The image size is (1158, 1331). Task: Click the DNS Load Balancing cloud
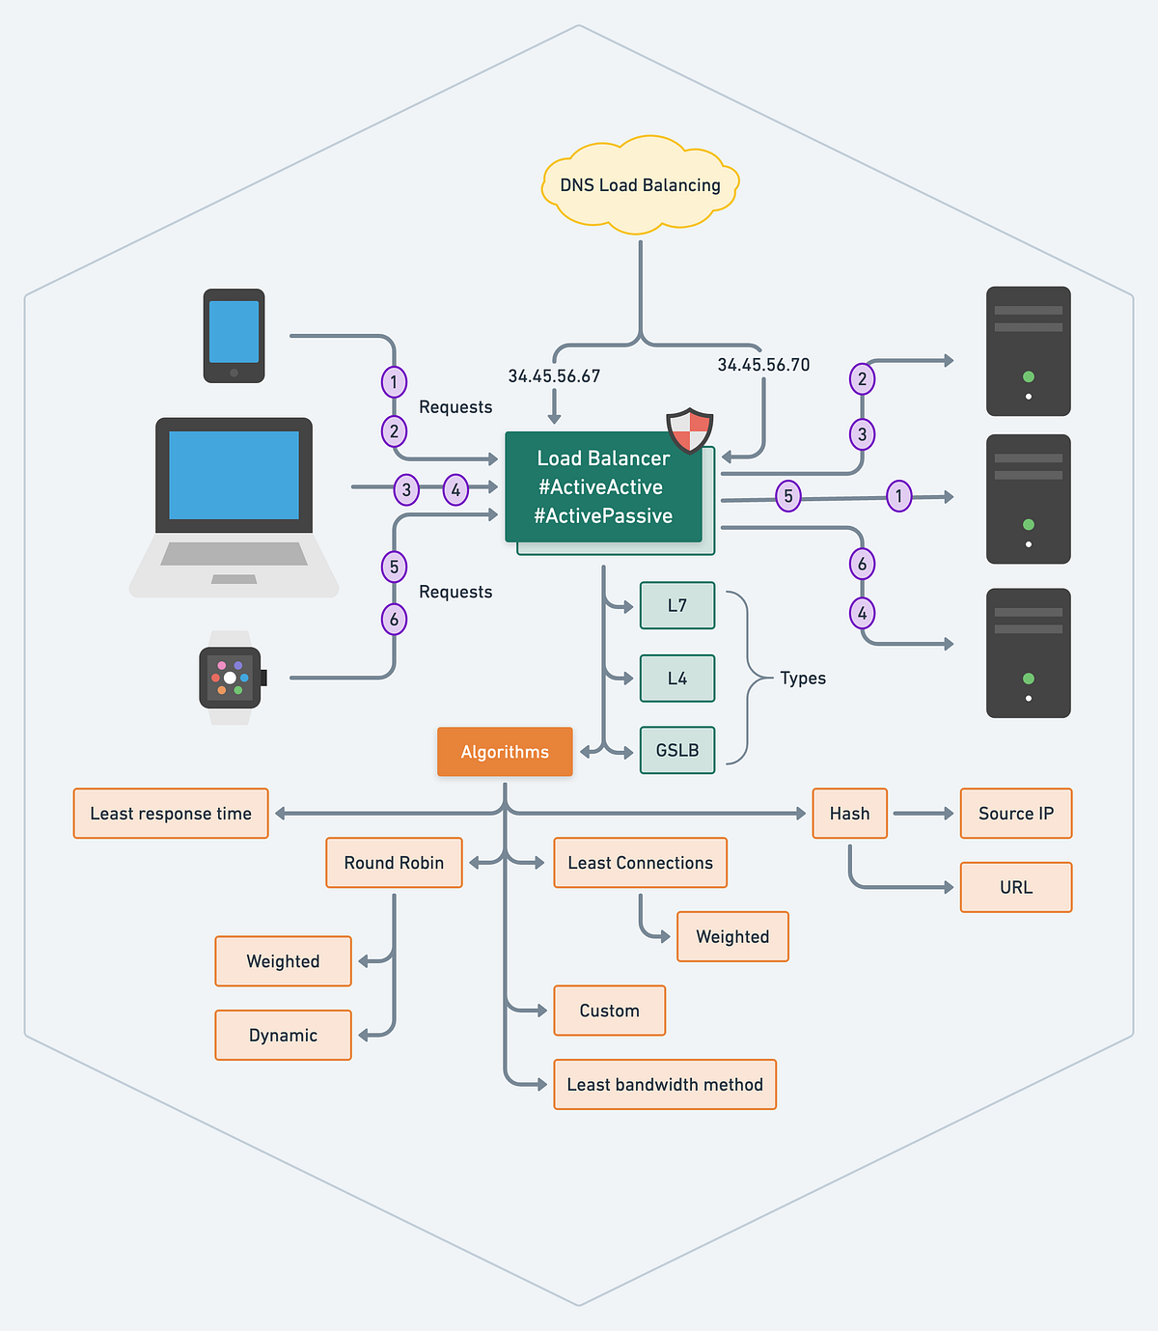point(640,185)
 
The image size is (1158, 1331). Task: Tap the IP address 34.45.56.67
point(554,376)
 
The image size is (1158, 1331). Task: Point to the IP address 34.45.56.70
point(763,365)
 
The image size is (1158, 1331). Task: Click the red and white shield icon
point(690,430)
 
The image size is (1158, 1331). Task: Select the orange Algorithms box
point(505,752)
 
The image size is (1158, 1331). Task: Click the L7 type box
point(677,605)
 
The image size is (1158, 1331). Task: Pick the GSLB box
point(677,750)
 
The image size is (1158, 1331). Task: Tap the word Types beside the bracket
point(803,678)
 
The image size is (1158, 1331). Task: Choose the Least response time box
point(171,814)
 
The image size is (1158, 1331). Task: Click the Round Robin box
point(394,863)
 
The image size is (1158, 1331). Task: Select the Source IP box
point(1016,814)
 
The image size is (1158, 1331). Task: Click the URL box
point(1016,887)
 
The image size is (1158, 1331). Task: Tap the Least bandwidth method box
point(665,1084)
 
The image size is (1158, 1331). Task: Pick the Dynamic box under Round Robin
point(283,1035)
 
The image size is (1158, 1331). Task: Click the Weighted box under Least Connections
point(732,936)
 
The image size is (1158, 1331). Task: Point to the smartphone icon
point(234,335)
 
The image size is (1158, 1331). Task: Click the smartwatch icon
point(230,678)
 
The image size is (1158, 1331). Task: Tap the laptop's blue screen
point(234,475)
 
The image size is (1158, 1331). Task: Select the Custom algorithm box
point(609,1011)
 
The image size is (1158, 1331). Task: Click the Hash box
point(849,814)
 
